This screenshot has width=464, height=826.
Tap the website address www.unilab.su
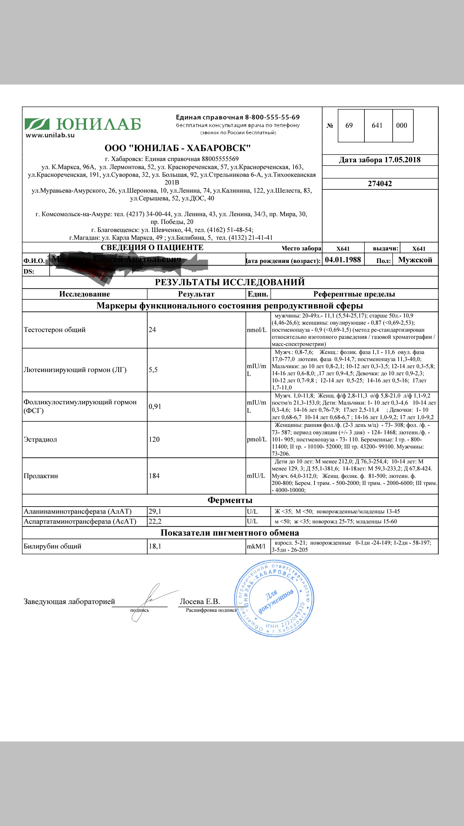pos(50,136)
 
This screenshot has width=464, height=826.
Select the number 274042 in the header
pos(380,184)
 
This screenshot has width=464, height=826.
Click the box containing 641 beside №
pos(377,126)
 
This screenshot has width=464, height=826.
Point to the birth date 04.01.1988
pos(343,260)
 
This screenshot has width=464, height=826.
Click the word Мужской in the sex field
pos(415,260)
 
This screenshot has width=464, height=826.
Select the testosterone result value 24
pos(152,330)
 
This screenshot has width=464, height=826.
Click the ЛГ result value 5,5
pos(153,370)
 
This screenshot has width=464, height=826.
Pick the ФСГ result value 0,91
pos(155,407)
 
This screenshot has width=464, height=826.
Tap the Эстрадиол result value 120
pos(154,439)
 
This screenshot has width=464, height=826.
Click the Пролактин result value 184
pos(154,476)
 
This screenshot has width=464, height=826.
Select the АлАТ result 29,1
pos(155,511)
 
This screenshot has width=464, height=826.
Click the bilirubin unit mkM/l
pos(256,546)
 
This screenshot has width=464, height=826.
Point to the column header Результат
pos(196,294)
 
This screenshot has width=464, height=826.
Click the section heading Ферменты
pos(230,500)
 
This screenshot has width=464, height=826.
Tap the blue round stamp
pos(274,599)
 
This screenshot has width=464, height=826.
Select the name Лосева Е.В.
pos(200,601)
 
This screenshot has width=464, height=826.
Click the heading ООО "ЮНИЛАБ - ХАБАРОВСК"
pos(178,148)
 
